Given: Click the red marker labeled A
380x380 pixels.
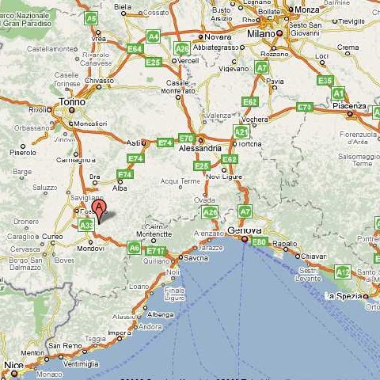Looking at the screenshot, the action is [98, 209].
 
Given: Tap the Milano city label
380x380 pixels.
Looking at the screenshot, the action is [260, 35].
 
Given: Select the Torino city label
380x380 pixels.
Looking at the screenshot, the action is [70, 101].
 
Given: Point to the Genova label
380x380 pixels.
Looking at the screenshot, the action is [244, 230].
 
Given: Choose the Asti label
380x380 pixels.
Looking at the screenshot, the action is [135, 143].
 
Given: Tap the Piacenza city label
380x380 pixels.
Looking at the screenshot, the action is [348, 105].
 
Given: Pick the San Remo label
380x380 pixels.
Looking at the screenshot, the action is [64, 346].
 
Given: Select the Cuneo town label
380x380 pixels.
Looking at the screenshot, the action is [51, 236].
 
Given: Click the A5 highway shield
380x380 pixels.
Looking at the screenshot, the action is [91, 17].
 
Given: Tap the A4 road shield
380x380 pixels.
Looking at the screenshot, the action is [153, 36].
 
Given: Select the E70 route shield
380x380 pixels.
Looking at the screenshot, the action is [186, 138].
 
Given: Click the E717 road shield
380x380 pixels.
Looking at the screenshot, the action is [155, 251].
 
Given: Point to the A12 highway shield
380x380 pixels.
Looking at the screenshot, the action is [342, 272].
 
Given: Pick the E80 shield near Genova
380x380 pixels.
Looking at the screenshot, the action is [259, 242].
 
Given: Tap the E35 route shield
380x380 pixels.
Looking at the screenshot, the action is [325, 80].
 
